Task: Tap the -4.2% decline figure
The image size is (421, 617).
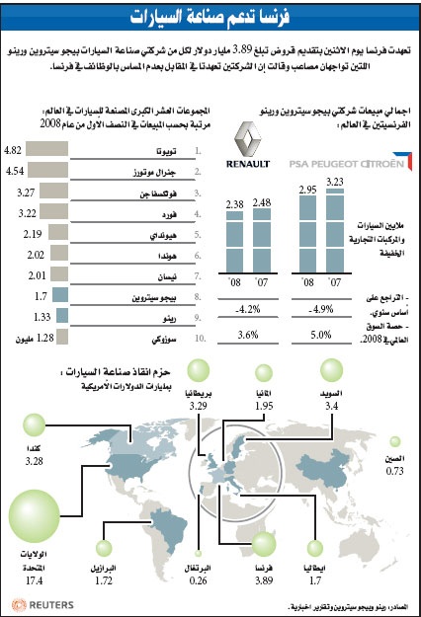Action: tap(248, 308)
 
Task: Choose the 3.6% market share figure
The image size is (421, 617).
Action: tap(248, 335)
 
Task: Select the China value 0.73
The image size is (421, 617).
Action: tap(395, 470)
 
